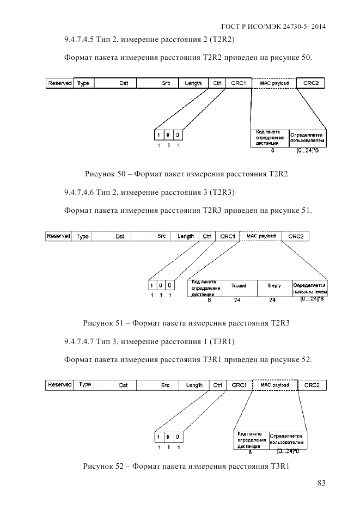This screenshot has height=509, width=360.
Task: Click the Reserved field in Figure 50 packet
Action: click(x=60, y=83)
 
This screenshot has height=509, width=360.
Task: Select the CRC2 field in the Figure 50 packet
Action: click(x=310, y=83)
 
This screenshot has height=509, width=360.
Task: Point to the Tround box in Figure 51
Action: click(x=238, y=286)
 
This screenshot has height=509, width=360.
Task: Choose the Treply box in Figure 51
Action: click(x=274, y=286)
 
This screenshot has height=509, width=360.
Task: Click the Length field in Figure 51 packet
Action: click(x=185, y=236)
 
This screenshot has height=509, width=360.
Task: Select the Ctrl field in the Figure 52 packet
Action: click(x=218, y=385)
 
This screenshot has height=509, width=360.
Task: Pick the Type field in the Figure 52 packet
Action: click(x=84, y=385)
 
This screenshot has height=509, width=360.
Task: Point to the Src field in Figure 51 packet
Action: click(x=161, y=236)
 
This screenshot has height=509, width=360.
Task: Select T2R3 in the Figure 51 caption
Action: click(x=279, y=323)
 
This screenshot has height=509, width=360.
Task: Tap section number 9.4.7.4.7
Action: click(x=82, y=341)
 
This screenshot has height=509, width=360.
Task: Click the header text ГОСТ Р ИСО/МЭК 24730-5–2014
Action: click(x=273, y=26)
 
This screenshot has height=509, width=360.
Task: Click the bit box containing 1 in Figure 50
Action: click(x=158, y=134)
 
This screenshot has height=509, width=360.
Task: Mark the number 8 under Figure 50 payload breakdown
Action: click(x=272, y=150)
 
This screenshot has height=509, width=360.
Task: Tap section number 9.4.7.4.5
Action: click(x=82, y=39)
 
